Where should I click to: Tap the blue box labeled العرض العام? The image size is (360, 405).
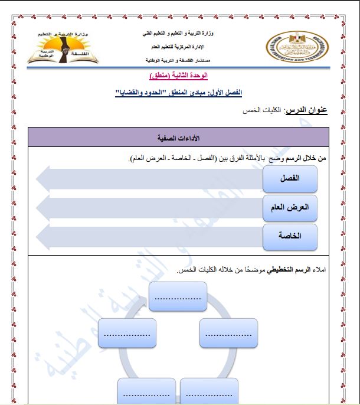(290, 208)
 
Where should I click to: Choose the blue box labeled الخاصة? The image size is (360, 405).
(290, 236)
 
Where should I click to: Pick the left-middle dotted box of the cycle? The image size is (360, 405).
(127, 335)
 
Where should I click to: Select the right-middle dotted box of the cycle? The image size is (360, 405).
(229, 335)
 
